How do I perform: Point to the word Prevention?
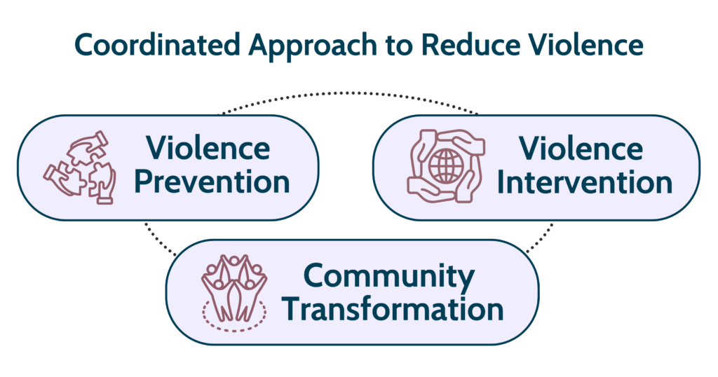point(212,181)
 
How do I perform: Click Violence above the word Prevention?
point(208,149)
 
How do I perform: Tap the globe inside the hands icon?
point(445,166)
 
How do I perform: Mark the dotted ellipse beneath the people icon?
point(233,314)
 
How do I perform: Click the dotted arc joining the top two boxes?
point(351,95)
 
